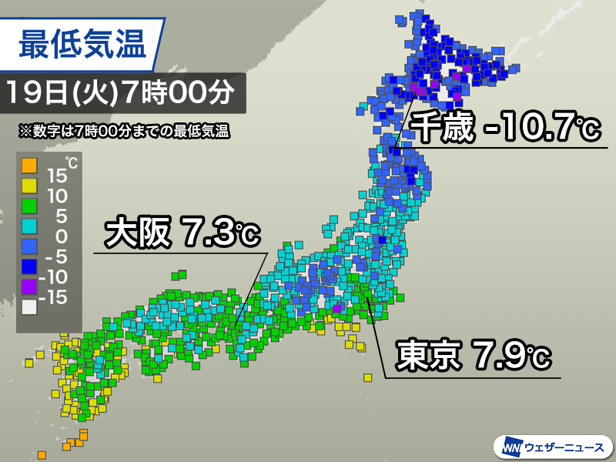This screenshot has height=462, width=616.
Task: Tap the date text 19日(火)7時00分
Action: point(122,94)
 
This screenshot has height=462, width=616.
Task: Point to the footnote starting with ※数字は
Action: point(125,131)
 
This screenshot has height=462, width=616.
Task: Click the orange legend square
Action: point(28,164)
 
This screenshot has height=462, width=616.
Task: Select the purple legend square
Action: point(28,288)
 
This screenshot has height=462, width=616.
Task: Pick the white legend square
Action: point(28,309)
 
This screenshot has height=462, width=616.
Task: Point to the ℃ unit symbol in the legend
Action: point(71,162)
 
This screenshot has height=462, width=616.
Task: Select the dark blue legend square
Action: point(28,267)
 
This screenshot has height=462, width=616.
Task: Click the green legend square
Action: point(28,206)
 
